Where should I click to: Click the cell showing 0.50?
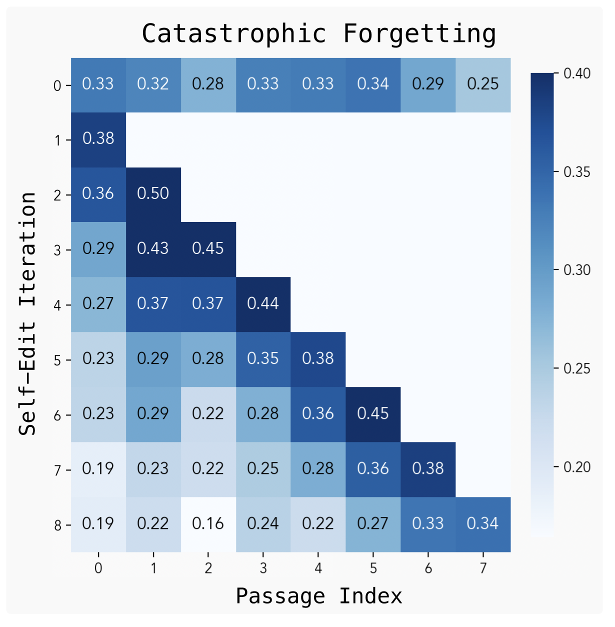[x=153, y=194]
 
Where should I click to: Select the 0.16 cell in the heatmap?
[x=208, y=524]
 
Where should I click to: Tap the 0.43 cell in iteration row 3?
[x=153, y=249]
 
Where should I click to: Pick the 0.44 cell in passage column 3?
[x=263, y=304]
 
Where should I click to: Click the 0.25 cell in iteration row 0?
[x=483, y=84]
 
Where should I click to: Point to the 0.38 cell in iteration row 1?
[x=98, y=139]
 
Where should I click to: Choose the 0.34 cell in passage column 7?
[x=483, y=524]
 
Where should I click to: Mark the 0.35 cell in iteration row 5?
[x=263, y=359]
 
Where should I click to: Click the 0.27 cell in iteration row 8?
[x=373, y=524]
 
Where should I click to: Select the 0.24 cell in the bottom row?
[x=263, y=524]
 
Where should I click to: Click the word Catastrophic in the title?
[x=234, y=34]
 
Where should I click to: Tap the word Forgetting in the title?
[x=419, y=34]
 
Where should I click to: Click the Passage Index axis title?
[x=319, y=596]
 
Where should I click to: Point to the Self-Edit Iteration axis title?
[x=28, y=314]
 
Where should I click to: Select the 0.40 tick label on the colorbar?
[x=577, y=73]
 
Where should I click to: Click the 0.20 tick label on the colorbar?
[x=577, y=467]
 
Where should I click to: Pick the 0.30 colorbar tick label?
[x=577, y=270]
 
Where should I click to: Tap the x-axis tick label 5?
[x=373, y=568]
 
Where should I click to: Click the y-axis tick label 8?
[x=58, y=525]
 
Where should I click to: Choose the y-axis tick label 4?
[x=58, y=305]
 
